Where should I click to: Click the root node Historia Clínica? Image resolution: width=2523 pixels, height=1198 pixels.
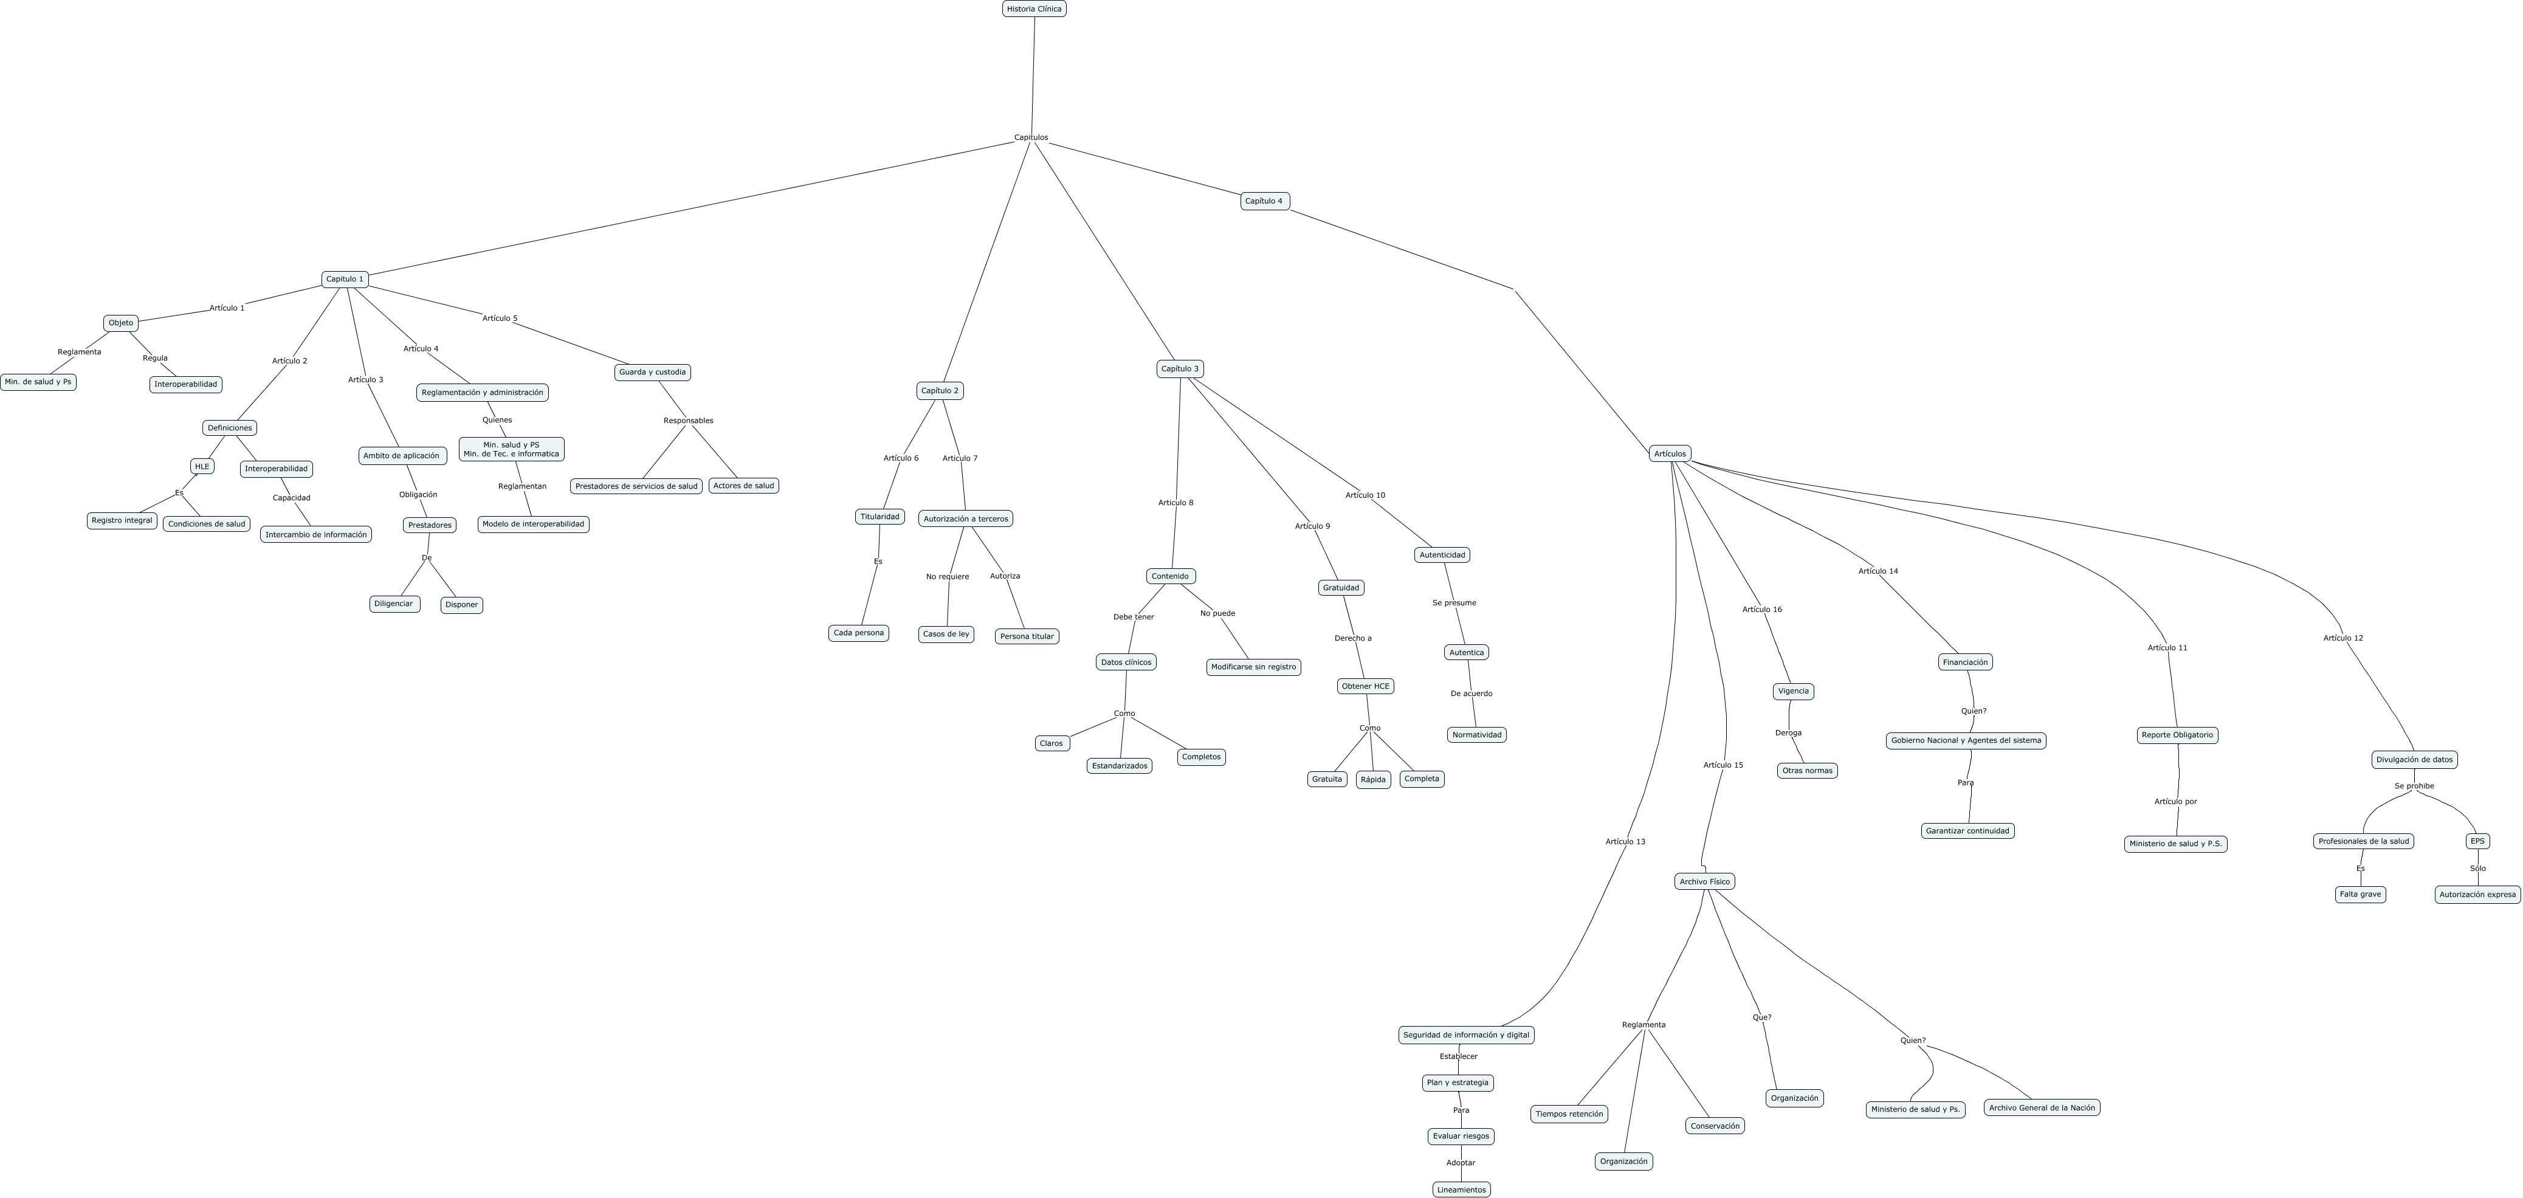[x=1034, y=9]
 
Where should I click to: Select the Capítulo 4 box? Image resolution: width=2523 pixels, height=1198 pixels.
[x=1264, y=201]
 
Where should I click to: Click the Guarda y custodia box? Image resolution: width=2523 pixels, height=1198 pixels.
[x=652, y=372]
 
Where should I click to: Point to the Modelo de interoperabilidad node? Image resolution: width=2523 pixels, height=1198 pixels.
[x=533, y=524]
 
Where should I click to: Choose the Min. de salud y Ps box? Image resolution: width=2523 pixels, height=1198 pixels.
[x=38, y=382]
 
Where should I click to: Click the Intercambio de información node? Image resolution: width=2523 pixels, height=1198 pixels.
[x=315, y=535]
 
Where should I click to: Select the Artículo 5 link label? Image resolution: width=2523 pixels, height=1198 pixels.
[x=500, y=318]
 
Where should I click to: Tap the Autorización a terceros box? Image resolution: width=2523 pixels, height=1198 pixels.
[x=965, y=519]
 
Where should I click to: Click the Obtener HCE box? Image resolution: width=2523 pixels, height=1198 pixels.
[x=1365, y=687]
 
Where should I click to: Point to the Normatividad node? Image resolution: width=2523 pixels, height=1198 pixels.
[x=1476, y=735]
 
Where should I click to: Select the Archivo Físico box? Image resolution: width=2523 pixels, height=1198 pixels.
[x=1704, y=881]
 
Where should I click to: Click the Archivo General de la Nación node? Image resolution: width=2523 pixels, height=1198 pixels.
[x=2042, y=1108]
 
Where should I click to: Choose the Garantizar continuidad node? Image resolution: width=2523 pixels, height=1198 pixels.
[x=1967, y=831]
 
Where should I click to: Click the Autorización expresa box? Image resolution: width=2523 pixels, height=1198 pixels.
[x=2477, y=894]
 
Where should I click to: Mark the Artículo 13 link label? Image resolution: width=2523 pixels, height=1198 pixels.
[x=1625, y=841]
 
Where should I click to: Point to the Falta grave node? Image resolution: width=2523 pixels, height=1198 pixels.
[x=2361, y=894]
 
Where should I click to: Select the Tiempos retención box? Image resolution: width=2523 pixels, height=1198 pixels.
[x=1569, y=1114]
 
